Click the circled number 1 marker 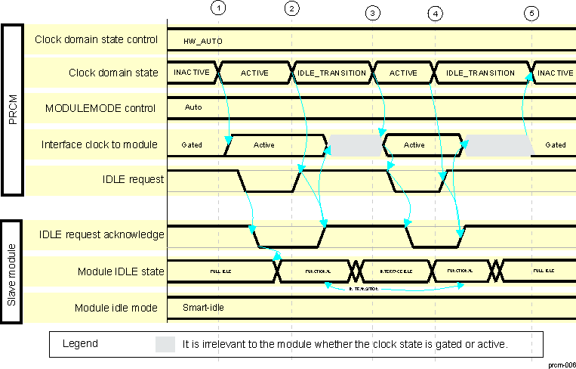coord(218,8)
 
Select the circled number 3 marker coord(371,13)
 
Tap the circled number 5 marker coord(532,13)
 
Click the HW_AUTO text coord(203,40)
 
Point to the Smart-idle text coord(203,308)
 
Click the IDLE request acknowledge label coord(102,235)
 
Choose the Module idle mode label coord(116,308)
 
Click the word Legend coord(80,343)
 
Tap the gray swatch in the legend coord(165,344)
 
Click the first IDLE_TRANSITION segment coord(332,73)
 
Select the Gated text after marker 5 coord(556,144)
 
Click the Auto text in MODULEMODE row coord(193,108)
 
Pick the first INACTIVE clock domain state coord(193,73)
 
